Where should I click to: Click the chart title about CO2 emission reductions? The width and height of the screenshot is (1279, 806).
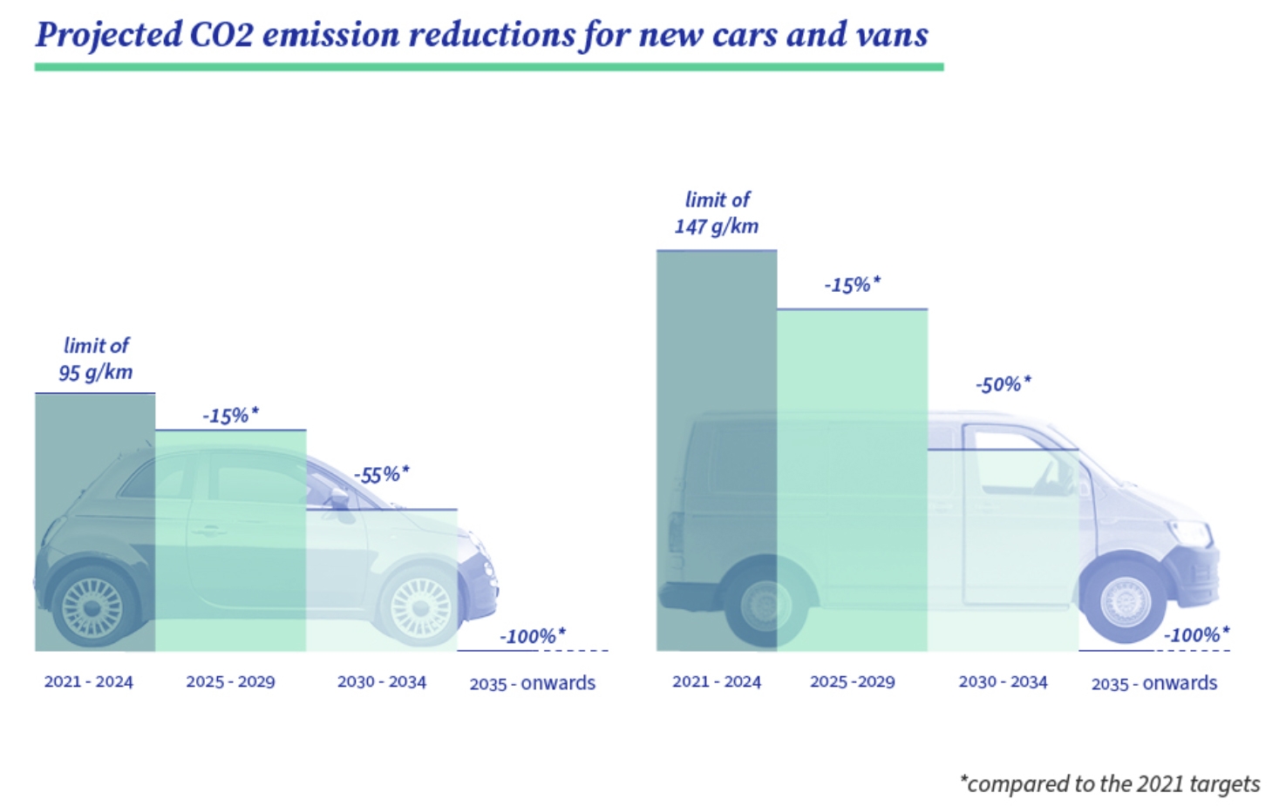481,35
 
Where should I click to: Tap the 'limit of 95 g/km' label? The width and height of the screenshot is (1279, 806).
96,359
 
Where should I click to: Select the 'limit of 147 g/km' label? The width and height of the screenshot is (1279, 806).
717,213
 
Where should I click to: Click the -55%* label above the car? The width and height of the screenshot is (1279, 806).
381,475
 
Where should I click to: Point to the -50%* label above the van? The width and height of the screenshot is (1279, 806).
1003,384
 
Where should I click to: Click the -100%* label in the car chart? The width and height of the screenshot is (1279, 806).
532,636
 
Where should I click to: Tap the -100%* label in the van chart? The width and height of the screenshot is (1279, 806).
1196,634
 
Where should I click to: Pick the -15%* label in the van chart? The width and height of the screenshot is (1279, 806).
852,285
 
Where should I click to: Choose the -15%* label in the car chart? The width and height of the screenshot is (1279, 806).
230,416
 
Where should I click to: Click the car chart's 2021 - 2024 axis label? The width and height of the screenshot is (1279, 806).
89,682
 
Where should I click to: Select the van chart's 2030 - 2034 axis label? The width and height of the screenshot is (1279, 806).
1003,682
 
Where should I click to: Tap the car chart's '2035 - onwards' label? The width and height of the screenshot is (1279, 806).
532,683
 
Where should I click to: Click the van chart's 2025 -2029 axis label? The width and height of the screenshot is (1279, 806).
852,682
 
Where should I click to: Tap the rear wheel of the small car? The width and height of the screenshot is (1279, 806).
93,605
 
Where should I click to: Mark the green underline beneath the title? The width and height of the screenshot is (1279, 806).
488,67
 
